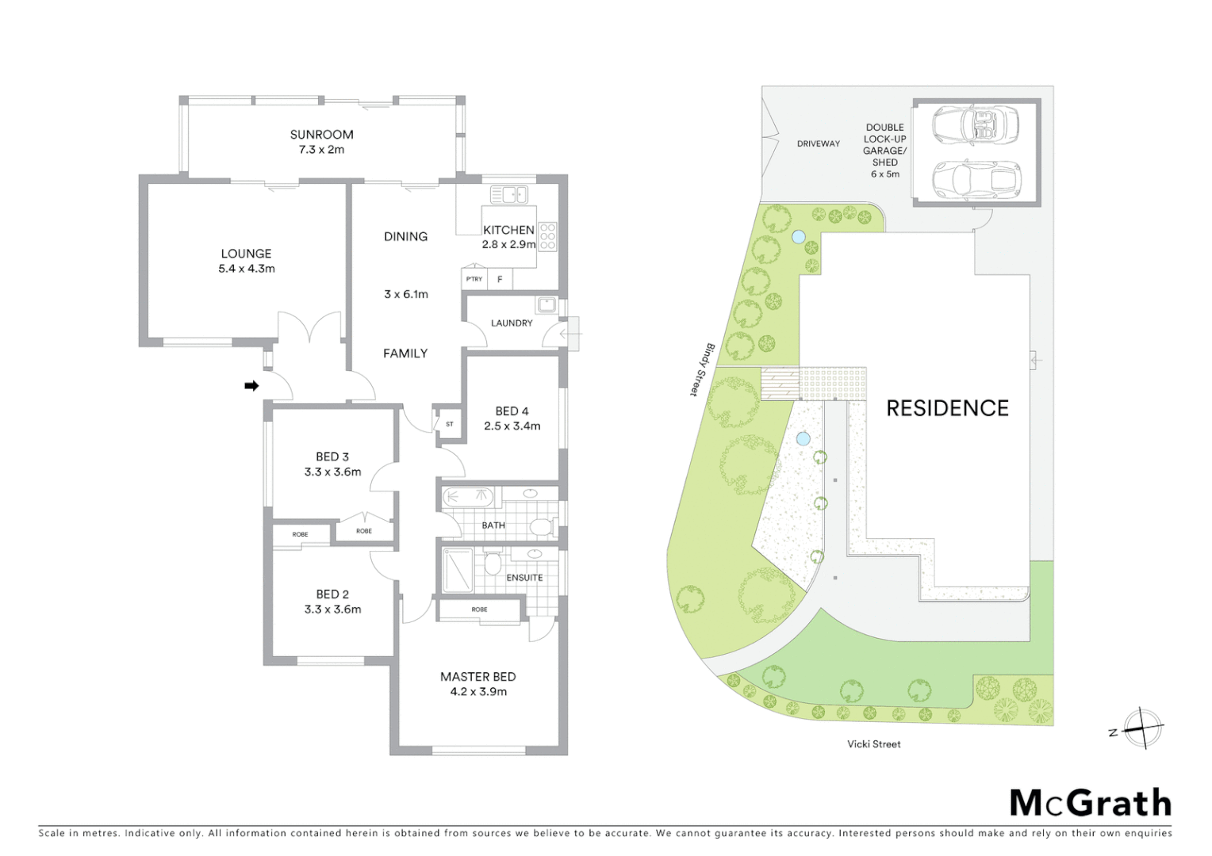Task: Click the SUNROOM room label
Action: (321, 135)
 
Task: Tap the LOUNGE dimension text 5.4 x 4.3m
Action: (247, 269)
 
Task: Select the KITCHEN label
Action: (508, 230)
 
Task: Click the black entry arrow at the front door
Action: (251, 386)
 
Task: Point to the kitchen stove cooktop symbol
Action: (547, 237)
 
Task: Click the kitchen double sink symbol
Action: (508, 194)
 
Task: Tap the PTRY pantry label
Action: (474, 279)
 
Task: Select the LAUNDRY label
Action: (512, 323)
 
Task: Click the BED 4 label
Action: (512, 411)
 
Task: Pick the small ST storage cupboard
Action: (449, 424)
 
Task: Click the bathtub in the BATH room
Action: (468, 498)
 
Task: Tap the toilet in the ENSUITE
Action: (492, 564)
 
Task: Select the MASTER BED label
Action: (478, 677)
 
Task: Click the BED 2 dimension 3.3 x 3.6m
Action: (332, 610)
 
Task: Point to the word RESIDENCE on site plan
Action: (947, 408)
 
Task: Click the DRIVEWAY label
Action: (819, 144)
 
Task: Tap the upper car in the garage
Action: (975, 124)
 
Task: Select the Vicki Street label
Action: (873, 744)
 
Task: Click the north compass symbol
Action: (1141, 728)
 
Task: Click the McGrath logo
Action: (1090, 803)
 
